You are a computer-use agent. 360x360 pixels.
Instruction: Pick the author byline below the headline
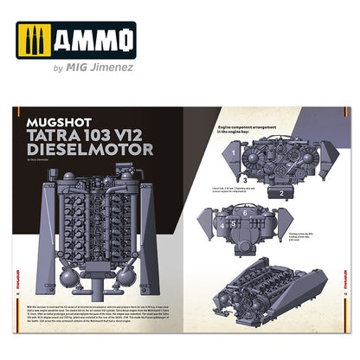(40, 161)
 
